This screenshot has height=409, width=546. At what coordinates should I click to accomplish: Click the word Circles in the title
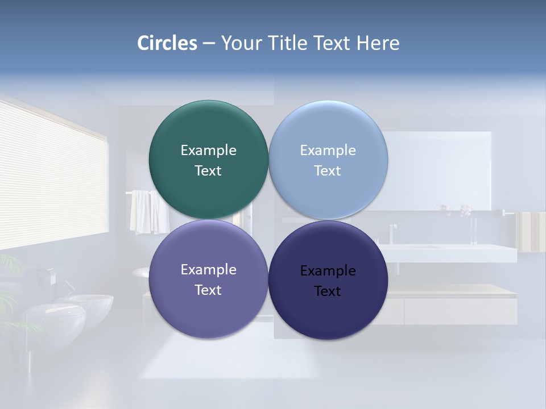(x=167, y=43)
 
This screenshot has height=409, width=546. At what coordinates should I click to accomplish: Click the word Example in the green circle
(x=208, y=150)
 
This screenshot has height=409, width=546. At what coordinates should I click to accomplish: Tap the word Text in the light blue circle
(x=328, y=170)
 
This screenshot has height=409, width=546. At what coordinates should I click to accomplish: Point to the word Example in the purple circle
(x=208, y=269)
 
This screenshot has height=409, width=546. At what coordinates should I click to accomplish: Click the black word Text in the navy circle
(x=328, y=291)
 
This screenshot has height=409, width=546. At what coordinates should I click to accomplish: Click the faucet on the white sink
(x=392, y=233)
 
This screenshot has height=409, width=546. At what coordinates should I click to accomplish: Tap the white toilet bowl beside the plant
(x=54, y=321)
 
